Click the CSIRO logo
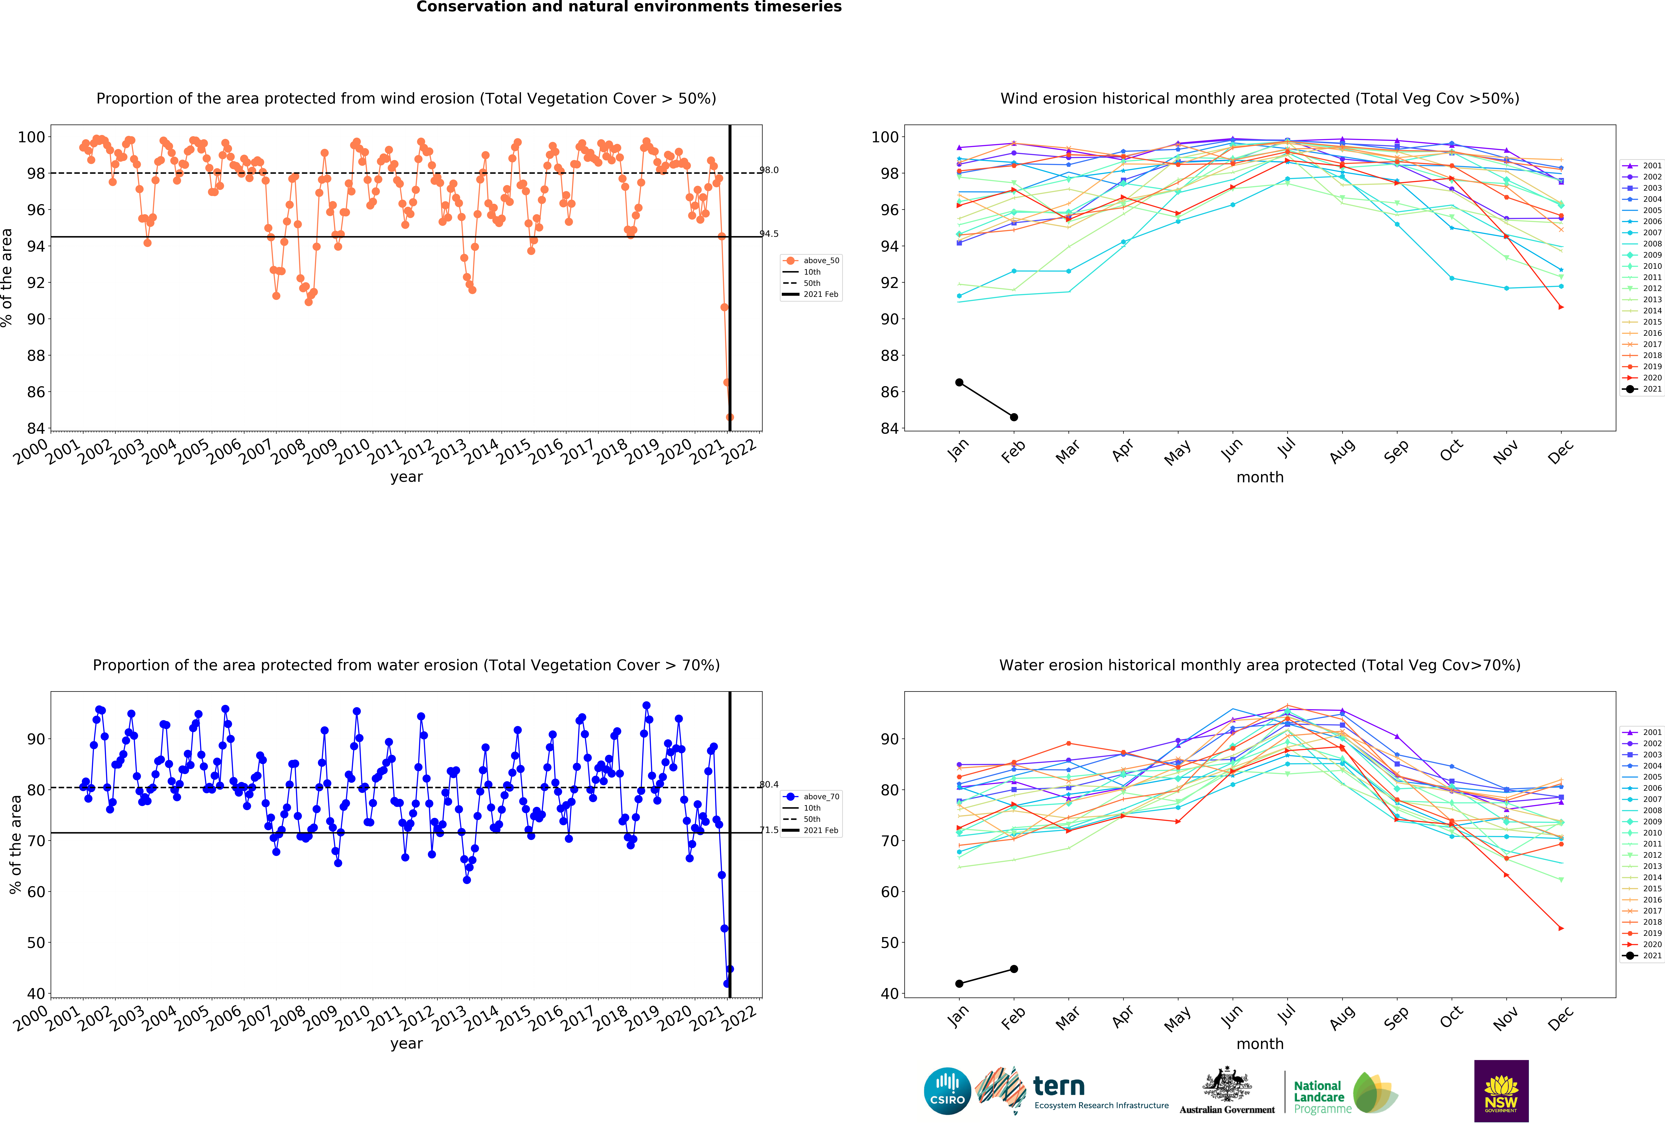coord(947,1091)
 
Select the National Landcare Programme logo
coord(1345,1093)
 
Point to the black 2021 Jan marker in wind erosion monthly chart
coord(959,383)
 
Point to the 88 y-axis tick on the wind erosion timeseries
coord(36,355)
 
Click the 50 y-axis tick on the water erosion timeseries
coord(36,943)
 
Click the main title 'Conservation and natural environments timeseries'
coord(629,7)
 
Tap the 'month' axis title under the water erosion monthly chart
coord(1259,1044)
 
